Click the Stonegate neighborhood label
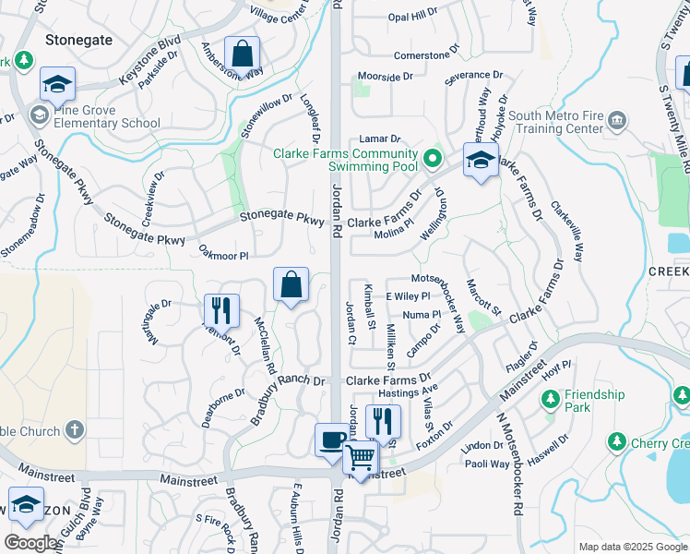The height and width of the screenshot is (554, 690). coord(78,40)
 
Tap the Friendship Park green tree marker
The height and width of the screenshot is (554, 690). coord(551,399)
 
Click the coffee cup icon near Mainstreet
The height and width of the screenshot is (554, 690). coord(331,440)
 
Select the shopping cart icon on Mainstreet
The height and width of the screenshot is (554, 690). coord(361,457)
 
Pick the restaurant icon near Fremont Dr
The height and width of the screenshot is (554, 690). coord(221,310)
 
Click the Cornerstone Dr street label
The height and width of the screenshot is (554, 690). coord(425,55)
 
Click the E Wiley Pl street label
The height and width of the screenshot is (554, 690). coord(408,296)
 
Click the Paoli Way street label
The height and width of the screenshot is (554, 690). coord(487,464)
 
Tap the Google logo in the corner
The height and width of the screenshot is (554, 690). coord(31,544)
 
